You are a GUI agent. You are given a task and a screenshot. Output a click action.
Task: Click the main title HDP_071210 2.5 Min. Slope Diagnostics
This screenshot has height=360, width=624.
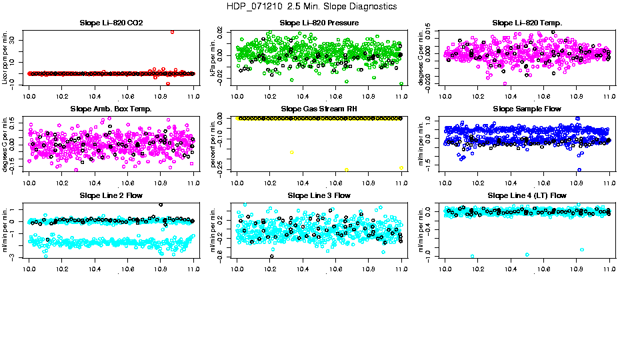[x=312, y=6]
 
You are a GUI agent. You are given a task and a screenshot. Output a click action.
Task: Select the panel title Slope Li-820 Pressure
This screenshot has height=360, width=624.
[x=319, y=23]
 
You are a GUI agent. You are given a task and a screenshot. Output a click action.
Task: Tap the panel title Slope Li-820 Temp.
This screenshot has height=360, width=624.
[x=527, y=23]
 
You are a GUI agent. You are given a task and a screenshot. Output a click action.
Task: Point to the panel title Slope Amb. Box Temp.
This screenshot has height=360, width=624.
[x=111, y=109]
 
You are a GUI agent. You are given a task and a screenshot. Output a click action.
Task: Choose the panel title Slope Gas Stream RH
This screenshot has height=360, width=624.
[x=319, y=109]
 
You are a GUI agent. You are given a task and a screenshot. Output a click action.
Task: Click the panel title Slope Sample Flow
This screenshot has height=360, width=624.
[x=527, y=109]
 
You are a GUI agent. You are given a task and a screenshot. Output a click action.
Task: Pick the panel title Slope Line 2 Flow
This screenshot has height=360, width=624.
[x=111, y=195]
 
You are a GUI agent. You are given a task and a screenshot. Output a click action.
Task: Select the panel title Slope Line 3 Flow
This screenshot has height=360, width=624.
[x=319, y=195]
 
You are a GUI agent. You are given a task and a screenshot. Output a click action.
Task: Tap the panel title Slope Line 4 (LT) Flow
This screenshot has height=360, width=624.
[x=527, y=195]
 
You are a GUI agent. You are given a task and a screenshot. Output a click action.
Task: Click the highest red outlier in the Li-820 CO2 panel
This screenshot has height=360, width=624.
[x=173, y=31]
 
